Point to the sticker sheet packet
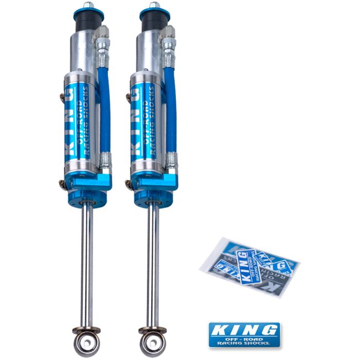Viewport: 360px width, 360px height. (249, 265)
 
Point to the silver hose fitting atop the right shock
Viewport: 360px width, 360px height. (169, 39)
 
